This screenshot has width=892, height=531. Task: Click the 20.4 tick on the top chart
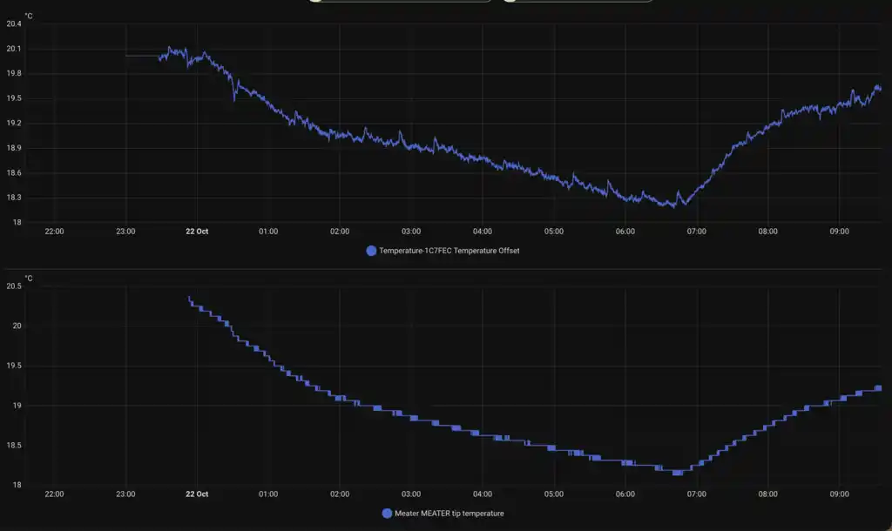(14, 24)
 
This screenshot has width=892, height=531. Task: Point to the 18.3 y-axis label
(14, 198)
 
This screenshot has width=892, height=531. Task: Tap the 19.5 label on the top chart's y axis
(14, 98)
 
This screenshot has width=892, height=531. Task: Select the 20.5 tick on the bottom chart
(14, 286)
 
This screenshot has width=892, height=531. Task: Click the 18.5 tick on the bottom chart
(14, 446)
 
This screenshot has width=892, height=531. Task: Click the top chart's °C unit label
(29, 16)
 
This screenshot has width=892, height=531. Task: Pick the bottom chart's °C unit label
(29, 279)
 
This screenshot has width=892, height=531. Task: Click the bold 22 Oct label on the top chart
(197, 232)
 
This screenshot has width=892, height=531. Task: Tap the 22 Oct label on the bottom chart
(197, 494)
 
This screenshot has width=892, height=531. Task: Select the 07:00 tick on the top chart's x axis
(696, 232)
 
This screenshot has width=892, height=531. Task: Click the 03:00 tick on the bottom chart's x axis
(411, 494)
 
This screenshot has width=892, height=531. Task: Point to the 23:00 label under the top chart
(125, 232)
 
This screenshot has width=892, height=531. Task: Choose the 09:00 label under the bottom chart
(839, 494)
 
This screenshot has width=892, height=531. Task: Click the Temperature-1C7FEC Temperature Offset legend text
(449, 251)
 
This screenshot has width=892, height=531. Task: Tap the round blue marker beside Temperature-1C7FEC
(371, 251)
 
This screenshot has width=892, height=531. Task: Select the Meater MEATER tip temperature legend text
(449, 514)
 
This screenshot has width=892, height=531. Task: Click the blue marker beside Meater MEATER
(387, 514)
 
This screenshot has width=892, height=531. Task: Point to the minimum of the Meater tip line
(677, 473)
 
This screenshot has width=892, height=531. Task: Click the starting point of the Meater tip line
(189, 298)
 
